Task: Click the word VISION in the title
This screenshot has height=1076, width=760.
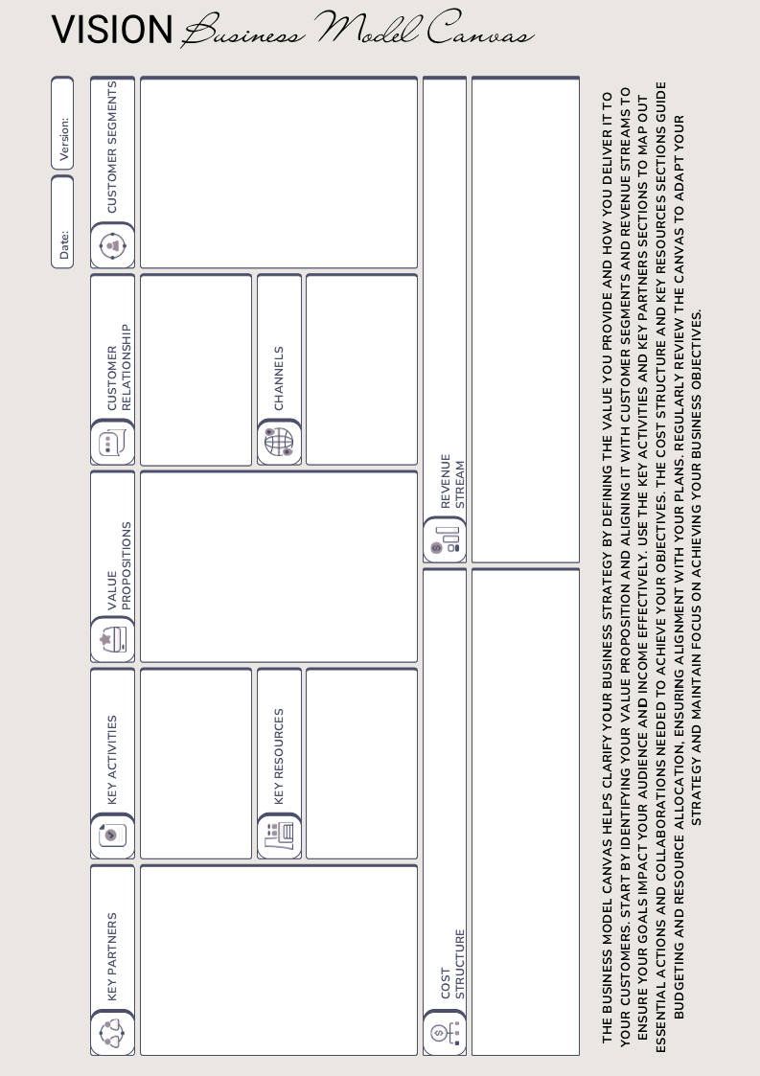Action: pos(111,30)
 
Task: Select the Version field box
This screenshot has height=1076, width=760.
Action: pos(62,126)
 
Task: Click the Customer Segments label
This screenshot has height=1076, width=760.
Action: pos(112,148)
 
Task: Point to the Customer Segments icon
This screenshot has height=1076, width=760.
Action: pos(113,246)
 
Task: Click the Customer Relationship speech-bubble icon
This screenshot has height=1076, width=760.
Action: pos(113,444)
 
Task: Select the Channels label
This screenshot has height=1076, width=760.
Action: pos(279,378)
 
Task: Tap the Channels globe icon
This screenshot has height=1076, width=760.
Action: pos(279,443)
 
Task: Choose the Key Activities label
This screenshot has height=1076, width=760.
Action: pos(112,758)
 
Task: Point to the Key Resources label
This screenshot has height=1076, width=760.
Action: pos(279,755)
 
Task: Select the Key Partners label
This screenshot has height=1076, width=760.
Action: pos(112,956)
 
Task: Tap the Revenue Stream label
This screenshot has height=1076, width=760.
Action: pos(451,481)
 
